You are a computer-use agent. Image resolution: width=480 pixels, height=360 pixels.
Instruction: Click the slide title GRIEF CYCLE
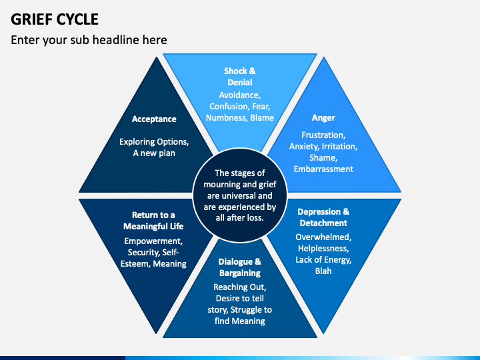(x=55, y=19)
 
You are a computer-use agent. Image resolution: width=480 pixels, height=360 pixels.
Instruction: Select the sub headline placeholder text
(x=89, y=40)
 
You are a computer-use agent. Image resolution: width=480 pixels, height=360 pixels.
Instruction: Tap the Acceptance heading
(x=154, y=119)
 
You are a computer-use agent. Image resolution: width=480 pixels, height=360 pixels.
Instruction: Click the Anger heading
(x=323, y=118)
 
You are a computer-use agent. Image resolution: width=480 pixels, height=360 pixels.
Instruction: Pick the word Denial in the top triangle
(x=240, y=83)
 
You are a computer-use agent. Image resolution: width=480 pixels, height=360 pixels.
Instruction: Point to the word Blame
(x=262, y=118)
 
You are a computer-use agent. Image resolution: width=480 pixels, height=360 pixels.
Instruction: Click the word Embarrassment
(x=323, y=169)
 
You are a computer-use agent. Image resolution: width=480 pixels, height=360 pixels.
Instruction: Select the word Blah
(x=323, y=271)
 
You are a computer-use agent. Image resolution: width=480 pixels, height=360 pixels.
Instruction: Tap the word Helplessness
(x=323, y=248)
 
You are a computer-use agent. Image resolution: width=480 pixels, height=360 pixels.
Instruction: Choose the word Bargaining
(x=240, y=273)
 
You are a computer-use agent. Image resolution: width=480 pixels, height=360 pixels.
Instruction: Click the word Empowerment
(x=153, y=241)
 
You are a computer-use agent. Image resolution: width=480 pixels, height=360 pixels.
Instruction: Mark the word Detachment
(x=323, y=223)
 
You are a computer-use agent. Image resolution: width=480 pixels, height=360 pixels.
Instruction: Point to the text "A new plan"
(x=154, y=153)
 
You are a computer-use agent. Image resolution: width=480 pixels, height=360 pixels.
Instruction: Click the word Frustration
(x=323, y=135)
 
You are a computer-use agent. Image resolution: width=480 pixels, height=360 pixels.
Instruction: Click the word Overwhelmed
(x=323, y=237)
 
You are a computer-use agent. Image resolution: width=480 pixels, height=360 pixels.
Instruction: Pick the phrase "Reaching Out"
(x=240, y=287)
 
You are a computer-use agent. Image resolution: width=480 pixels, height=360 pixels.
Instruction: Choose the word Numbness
(x=227, y=118)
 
